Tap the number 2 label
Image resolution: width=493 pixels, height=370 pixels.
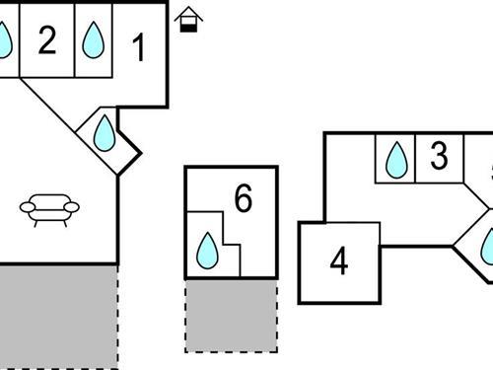(47, 41)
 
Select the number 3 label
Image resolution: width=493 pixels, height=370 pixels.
(439, 156)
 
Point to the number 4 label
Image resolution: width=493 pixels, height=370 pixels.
(339, 262)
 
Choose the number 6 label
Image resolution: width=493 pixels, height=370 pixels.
(243, 198)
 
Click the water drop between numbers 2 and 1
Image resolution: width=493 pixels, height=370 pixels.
(94, 41)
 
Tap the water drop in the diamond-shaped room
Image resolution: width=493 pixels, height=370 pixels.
(105, 133)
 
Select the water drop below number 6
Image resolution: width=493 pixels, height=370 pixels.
(208, 251)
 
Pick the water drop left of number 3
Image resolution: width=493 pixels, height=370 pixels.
(396, 160)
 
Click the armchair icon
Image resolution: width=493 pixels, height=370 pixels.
(50, 208)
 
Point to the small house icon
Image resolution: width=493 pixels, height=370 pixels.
(187, 19)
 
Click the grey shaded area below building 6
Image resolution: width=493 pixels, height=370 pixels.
(231, 315)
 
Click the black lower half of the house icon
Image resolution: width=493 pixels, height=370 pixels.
(187, 25)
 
